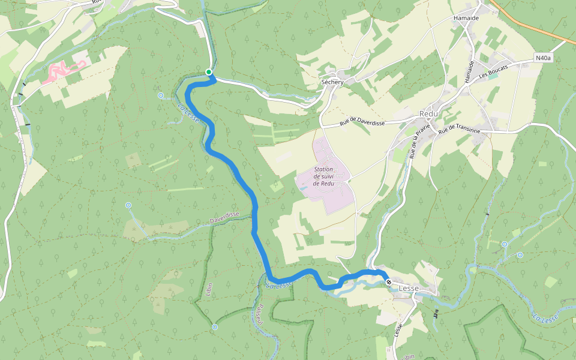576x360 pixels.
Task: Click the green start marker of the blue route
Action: pyautogui.click(x=209, y=73)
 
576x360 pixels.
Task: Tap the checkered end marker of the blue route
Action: pyautogui.click(x=389, y=282)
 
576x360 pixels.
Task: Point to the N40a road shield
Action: pyautogui.click(x=542, y=58)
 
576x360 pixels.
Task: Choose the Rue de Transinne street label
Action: pyautogui.click(x=459, y=130)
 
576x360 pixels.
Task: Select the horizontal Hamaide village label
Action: pyautogui.click(x=466, y=19)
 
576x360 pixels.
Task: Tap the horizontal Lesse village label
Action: pyautogui.click(x=409, y=289)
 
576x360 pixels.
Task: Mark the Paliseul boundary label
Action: pyautogui.click(x=260, y=313)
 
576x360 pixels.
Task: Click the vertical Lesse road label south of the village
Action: pyautogui.click(x=398, y=330)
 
